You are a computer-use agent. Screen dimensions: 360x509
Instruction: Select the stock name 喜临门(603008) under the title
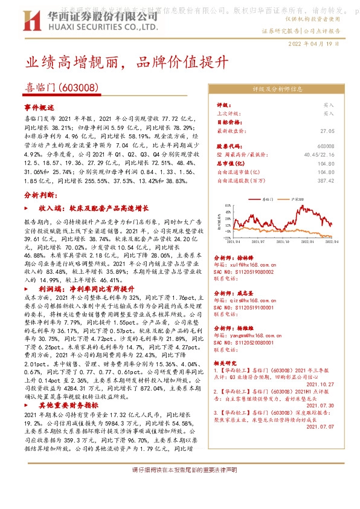click(62, 88)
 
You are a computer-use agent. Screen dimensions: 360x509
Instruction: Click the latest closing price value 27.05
click(327, 130)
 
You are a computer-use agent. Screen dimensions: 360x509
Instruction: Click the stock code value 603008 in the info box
click(325, 146)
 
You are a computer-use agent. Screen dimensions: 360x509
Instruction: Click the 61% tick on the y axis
click(228, 205)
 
